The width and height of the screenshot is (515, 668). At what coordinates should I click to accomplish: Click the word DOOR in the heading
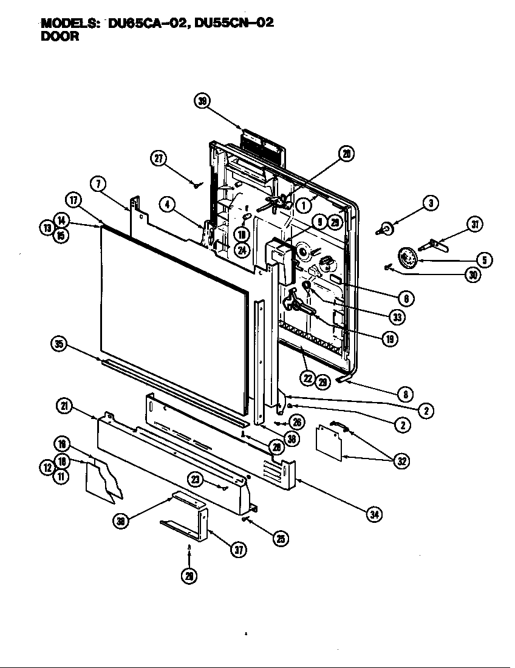coord(60,36)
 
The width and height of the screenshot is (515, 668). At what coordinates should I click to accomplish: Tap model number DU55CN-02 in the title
coord(233,23)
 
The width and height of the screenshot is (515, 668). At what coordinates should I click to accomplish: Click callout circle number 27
coord(159,158)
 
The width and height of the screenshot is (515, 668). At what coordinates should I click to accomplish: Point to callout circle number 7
coord(98,182)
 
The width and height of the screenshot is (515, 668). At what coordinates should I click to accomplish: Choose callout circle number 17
coord(73,200)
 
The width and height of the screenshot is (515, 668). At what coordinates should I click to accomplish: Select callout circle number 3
coord(430,204)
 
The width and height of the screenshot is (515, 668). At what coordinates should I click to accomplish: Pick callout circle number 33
coord(397,316)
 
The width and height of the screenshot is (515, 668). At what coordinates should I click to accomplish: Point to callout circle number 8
coord(406,394)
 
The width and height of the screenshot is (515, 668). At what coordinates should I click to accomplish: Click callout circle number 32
coord(400,461)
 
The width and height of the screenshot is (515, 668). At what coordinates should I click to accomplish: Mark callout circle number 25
coord(280,538)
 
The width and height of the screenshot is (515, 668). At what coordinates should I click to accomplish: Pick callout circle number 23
coord(196,479)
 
